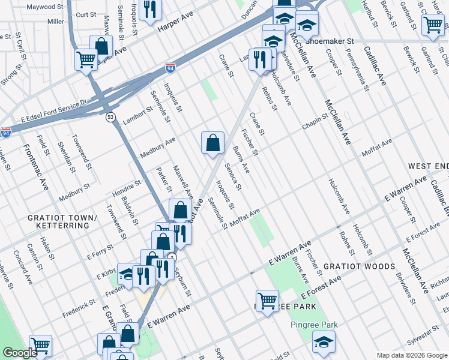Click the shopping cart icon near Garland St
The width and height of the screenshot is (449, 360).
point(433,25)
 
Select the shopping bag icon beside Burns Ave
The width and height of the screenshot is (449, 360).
point(212,143)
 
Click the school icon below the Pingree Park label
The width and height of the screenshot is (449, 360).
point(324,341)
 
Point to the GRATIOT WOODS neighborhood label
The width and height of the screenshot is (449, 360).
point(359,266)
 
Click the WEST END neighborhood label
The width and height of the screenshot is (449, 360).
point(428,165)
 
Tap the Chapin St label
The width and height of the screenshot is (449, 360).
point(314,122)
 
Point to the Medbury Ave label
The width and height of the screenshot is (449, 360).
point(158,148)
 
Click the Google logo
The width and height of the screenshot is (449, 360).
point(20,353)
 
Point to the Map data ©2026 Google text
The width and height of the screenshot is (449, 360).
point(411,355)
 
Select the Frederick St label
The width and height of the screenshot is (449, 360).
point(82,305)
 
